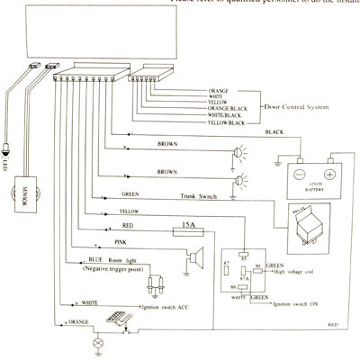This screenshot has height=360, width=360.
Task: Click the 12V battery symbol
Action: pyautogui.click(x=310, y=176)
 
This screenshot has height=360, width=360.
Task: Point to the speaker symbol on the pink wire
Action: pyautogui.click(x=192, y=259)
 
